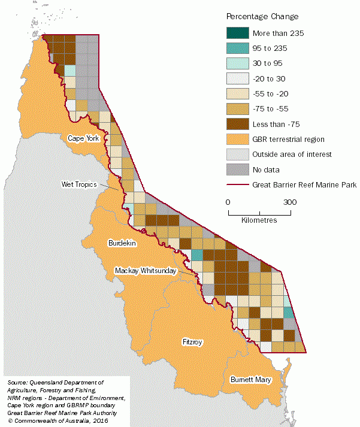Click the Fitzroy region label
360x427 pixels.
tap(192, 342)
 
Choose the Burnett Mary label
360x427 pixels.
tap(250, 380)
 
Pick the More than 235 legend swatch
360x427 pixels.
tap(237, 33)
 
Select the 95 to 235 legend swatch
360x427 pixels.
tap(237, 48)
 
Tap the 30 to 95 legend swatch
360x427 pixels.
tap(237, 63)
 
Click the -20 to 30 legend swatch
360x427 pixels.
tap(237, 78)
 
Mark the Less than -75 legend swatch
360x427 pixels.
tap(237, 124)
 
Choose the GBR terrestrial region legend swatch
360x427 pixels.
tap(237, 139)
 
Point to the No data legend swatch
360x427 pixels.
tap(237, 169)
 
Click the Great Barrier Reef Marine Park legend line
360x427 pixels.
tap(237, 185)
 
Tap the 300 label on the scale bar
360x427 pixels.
tap(291, 202)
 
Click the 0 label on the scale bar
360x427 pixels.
tap(228, 202)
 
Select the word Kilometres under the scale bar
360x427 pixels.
tap(259, 220)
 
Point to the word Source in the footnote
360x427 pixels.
tap(17, 382)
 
